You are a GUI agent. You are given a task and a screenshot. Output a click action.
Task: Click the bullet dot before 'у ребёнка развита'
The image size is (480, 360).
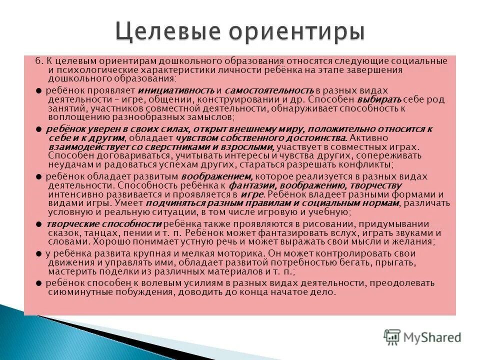click(39, 253)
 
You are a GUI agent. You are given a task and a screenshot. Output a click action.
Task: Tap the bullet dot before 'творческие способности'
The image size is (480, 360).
click(39, 224)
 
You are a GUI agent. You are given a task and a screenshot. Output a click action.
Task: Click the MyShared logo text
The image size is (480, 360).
click(433, 337)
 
